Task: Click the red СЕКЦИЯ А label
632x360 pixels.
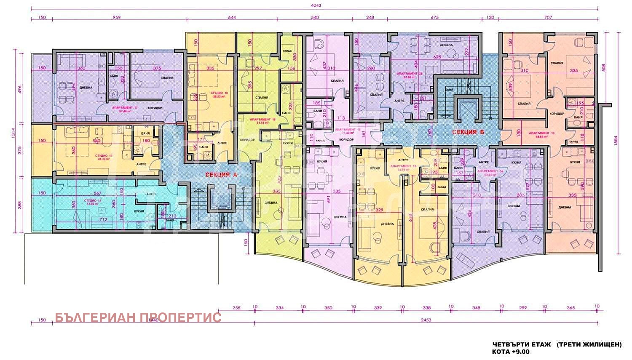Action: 218,174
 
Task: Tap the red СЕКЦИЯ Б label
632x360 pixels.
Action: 468,132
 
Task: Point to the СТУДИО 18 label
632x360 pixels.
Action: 220,93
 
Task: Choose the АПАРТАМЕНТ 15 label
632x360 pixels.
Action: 403,167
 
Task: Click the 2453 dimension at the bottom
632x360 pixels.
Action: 426,320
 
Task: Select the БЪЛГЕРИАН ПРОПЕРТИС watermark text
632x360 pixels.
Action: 138,317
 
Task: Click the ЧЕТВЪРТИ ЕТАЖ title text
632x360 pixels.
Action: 521,344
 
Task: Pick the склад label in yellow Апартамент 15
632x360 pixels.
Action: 441,187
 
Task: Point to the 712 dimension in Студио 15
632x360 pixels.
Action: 103,219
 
